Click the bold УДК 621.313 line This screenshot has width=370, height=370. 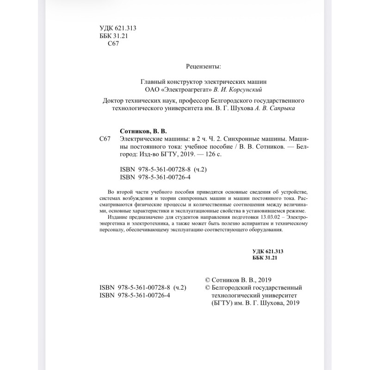pos(268,251)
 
